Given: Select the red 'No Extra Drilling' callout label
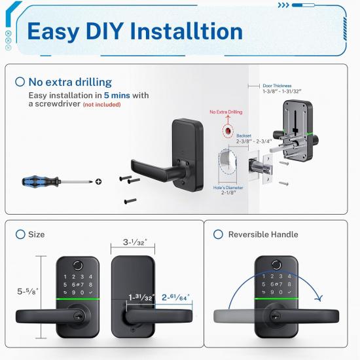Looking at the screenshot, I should point(225,113).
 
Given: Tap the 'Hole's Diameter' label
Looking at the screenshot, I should point(229,189).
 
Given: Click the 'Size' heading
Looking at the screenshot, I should point(36,234).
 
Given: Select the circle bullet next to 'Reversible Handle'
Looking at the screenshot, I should point(217,234).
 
